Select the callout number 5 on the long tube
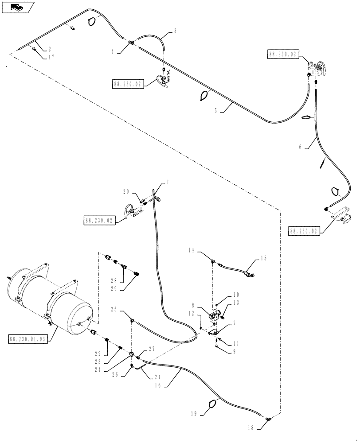pos(216,111)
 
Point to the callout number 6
pos(301,148)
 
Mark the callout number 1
pos(168,182)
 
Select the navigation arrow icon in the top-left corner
pos(16,7)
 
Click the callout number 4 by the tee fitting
pos(113,52)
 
